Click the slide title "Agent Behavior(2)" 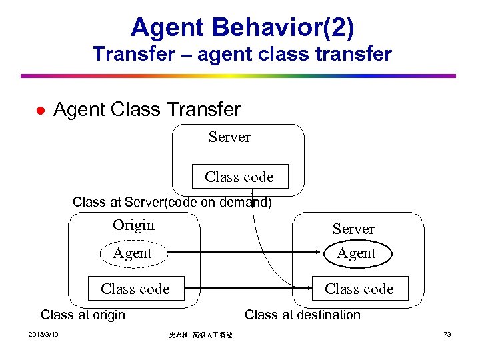point(243,27)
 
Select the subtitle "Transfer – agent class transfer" point(243,54)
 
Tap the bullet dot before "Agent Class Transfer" point(40,110)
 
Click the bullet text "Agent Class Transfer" point(147,109)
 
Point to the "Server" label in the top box point(229,137)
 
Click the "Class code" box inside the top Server point(239,177)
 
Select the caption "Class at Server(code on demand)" point(172,202)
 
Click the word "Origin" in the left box point(133,225)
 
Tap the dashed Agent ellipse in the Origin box point(133,253)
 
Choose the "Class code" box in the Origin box point(135,289)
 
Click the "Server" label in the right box point(353,229)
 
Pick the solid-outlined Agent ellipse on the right point(357,253)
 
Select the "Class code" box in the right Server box point(359,289)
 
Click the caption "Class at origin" point(83,315)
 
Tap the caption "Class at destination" point(303,315)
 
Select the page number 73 point(447,334)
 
